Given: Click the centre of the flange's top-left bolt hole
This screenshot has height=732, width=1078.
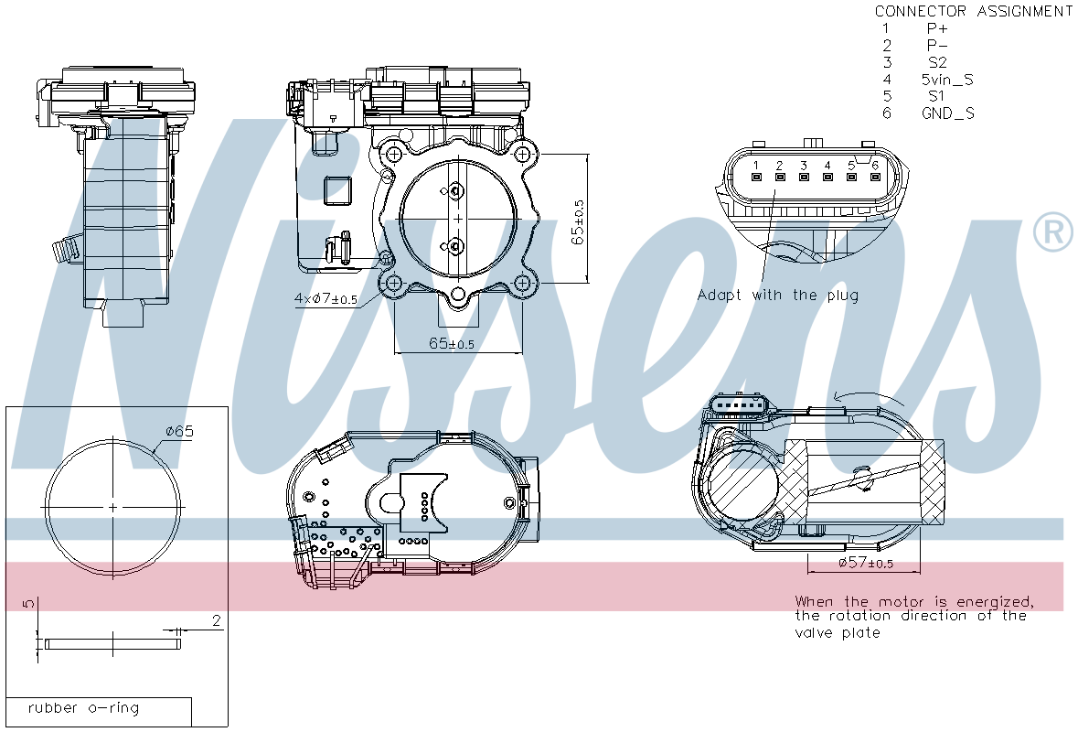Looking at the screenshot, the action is (394, 154).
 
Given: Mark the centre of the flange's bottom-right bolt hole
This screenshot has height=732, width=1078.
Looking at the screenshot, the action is (522, 283).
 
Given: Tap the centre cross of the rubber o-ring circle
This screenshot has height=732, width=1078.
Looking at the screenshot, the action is (112, 507).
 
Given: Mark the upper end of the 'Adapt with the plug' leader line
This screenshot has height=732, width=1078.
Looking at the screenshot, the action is (774, 190).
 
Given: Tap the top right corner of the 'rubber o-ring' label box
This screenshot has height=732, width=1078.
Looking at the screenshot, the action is (192, 697).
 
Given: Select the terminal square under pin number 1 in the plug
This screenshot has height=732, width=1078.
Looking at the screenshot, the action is (755, 178).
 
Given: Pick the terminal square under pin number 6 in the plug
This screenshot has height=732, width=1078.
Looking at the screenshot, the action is (875, 178).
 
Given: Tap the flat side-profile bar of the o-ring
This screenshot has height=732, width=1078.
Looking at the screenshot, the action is (112, 644).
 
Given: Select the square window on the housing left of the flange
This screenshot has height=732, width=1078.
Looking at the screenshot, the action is (337, 190).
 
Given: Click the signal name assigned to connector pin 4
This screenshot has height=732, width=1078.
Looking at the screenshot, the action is (947, 79).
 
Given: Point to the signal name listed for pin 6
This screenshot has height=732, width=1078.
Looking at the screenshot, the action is (948, 113).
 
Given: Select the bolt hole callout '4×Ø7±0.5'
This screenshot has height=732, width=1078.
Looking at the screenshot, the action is (326, 298).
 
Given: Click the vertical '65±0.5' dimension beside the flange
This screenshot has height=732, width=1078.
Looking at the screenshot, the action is (578, 222).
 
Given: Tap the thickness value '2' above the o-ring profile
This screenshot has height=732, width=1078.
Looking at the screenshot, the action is (217, 620).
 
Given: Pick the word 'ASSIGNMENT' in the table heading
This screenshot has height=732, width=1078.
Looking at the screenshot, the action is (1024, 11).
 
